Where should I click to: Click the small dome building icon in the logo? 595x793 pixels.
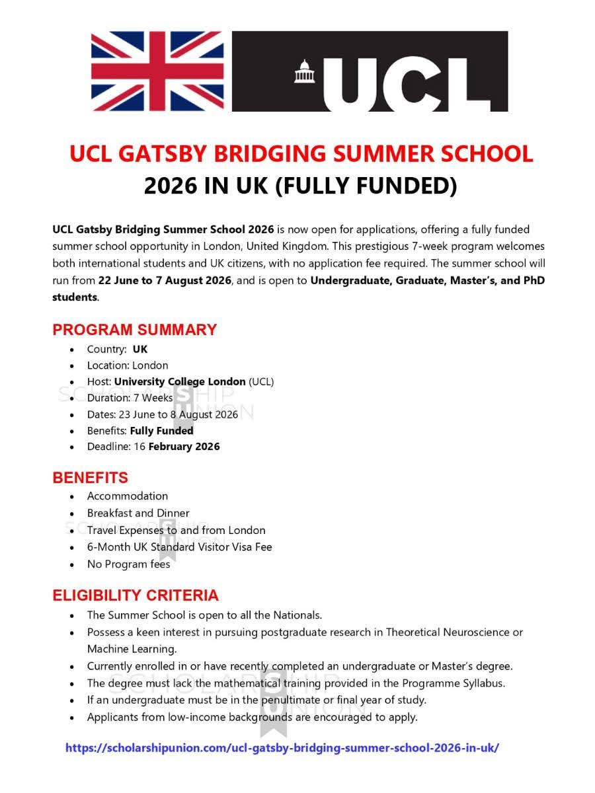(304, 71)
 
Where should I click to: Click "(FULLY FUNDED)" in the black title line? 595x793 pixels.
(365, 186)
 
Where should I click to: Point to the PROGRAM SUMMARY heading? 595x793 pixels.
(134, 330)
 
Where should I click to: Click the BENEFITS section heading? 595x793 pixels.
(91, 478)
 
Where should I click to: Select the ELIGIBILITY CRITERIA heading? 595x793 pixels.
(136, 595)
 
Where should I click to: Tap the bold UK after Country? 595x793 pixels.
(140, 350)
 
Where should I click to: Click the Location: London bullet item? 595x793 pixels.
(128, 365)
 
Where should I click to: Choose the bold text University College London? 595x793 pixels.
(180, 382)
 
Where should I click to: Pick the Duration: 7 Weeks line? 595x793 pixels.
(130, 398)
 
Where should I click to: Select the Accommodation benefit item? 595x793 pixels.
(128, 496)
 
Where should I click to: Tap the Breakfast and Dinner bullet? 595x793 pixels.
(138, 513)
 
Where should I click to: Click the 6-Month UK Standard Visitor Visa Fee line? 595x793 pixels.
(179, 547)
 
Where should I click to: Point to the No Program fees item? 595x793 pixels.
(128, 564)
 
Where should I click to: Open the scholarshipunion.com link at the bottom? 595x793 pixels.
(282, 748)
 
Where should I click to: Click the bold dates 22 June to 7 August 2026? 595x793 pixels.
(165, 280)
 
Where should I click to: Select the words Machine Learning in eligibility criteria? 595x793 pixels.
(132, 649)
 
